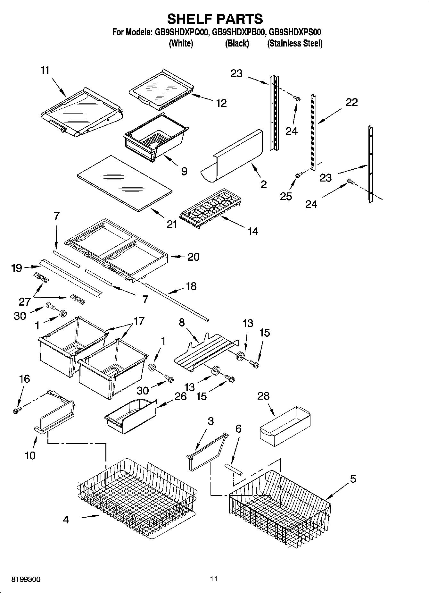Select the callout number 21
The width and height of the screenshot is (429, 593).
click(172, 224)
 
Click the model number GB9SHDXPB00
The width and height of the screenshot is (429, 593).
click(238, 32)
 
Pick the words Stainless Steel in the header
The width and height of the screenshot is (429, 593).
click(295, 44)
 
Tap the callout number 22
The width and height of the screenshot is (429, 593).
click(351, 102)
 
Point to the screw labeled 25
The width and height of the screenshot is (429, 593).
click(298, 175)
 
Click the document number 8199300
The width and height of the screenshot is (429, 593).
click(26, 580)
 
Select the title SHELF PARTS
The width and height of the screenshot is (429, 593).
click(215, 19)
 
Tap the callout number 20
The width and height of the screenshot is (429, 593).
click(193, 257)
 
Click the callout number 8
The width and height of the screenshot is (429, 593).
click(182, 322)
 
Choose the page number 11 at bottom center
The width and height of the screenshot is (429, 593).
click(214, 579)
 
